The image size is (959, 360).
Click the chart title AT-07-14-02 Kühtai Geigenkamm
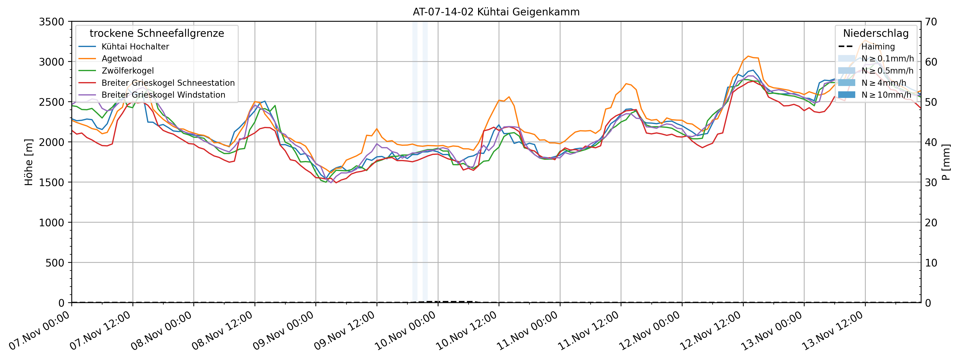(x=496, y=12)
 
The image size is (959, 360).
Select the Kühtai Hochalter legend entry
(x=135, y=47)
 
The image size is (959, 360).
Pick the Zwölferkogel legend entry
(x=128, y=71)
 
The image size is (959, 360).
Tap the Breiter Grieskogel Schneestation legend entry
(x=168, y=83)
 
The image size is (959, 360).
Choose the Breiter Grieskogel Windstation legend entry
(x=163, y=95)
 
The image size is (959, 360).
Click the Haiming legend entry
(x=878, y=47)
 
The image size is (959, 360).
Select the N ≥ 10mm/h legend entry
(x=886, y=95)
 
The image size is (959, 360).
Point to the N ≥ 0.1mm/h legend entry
(x=887, y=58)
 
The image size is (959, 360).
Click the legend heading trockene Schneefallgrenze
(x=157, y=34)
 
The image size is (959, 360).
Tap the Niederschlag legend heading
(x=876, y=34)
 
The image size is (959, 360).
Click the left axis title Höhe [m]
(x=29, y=162)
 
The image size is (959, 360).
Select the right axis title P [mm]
(x=946, y=162)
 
